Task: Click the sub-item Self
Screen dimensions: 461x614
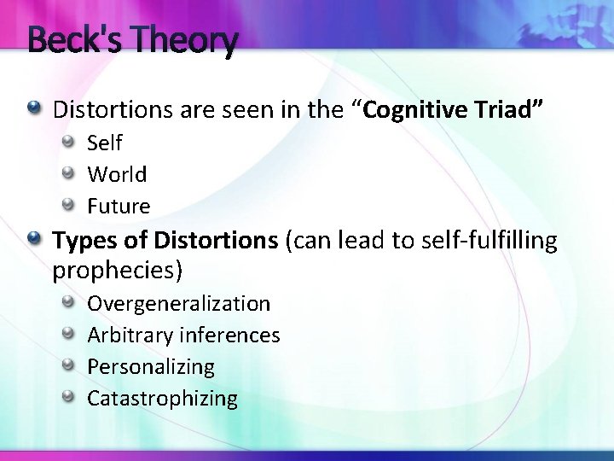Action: (105, 143)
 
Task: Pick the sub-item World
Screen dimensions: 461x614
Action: (117, 174)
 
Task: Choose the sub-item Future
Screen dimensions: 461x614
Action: (119, 206)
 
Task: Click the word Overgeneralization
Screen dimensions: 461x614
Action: (179, 303)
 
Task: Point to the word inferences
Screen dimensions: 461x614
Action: (229, 335)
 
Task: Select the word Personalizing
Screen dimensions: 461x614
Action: (151, 366)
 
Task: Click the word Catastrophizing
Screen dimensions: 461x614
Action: (163, 398)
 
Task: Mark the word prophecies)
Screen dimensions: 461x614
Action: (118, 271)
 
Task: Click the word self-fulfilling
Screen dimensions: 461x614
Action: (487, 241)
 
